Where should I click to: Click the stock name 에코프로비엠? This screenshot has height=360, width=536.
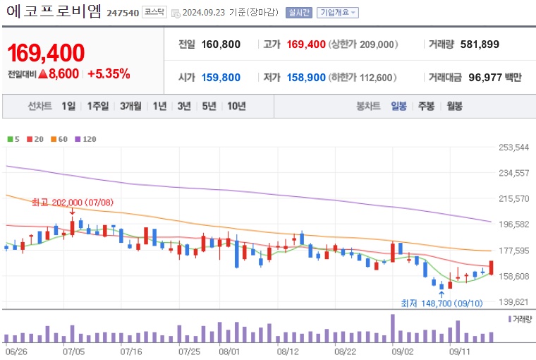pyautogui.click(x=54, y=11)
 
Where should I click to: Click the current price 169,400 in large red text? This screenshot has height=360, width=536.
pyautogui.click(x=46, y=52)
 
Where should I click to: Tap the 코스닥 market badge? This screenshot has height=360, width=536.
pyautogui.click(x=154, y=12)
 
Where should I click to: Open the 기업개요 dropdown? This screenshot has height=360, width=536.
pyautogui.click(x=338, y=13)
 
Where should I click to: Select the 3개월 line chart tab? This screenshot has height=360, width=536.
pyautogui.click(x=132, y=106)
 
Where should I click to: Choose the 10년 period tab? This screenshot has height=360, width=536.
pyautogui.click(x=236, y=106)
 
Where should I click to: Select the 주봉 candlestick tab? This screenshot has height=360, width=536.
pyautogui.click(x=426, y=106)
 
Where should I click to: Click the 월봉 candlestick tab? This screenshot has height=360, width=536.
pyautogui.click(x=454, y=106)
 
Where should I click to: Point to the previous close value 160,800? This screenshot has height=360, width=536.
pyautogui.click(x=221, y=44)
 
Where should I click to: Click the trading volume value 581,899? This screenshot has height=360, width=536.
pyautogui.click(x=480, y=44)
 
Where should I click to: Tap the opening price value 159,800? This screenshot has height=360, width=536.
pyautogui.click(x=221, y=78)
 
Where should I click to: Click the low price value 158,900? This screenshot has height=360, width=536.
pyautogui.click(x=306, y=78)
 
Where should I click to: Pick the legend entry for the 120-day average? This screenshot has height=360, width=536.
pyautogui.click(x=85, y=139)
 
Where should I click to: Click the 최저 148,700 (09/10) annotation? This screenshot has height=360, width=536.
pyautogui.click(x=441, y=303)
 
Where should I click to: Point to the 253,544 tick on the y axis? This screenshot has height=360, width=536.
pyautogui.click(x=513, y=148)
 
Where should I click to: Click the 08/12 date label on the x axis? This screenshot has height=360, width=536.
pyautogui.click(x=288, y=349)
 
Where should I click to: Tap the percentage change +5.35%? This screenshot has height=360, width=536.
pyautogui.click(x=109, y=73)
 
